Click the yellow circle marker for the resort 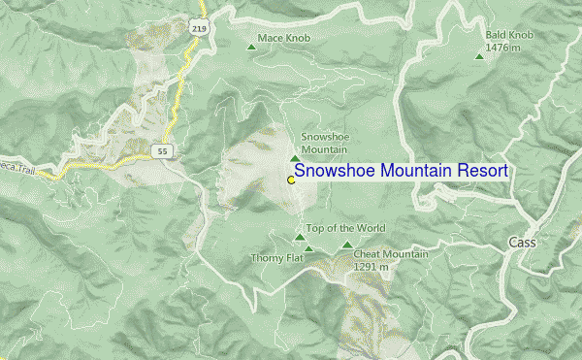click(x=291, y=180)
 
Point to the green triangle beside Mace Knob click(x=251, y=42)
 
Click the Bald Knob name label click(x=507, y=33)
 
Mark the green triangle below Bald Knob click(x=479, y=55)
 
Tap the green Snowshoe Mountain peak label click(x=324, y=143)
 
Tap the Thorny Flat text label click(x=277, y=257)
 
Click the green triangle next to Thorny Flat click(x=309, y=249)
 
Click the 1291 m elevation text click(x=377, y=266)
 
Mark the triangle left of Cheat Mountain click(x=347, y=245)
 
